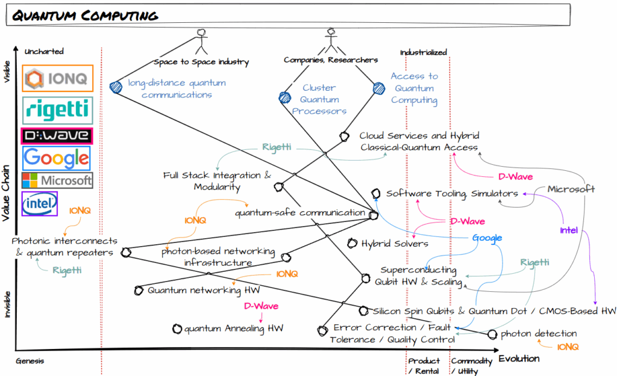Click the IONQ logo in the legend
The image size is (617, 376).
(57, 78)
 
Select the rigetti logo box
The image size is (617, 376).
(57, 109)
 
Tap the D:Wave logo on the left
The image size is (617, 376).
(57, 135)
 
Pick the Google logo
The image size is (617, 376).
(57, 158)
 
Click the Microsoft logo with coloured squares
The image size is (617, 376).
(57, 180)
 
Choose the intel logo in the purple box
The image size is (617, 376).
(39, 204)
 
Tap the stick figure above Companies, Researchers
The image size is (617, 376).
(330, 41)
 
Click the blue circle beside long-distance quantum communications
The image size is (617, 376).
(116, 87)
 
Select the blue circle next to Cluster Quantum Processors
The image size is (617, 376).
(284, 97)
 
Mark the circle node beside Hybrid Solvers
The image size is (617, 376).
(352, 244)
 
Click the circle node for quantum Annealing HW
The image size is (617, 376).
(177, 329)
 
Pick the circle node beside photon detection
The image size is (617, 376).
(492, 334)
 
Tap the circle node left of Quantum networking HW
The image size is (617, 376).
(139, 291)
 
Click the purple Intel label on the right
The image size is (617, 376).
(569, 230)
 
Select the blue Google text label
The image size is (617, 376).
(487, 238)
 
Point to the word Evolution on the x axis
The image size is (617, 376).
(519, 358)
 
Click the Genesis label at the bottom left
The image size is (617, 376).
(30, 362)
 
